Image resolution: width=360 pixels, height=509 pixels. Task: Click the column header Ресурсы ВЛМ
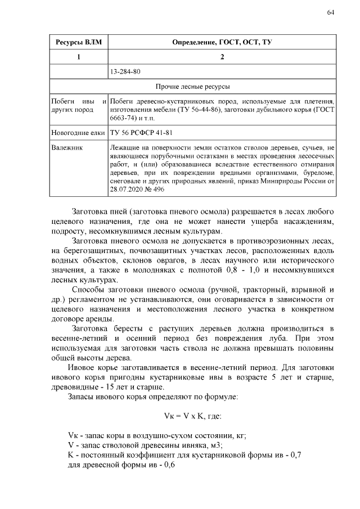pyautogui.click(x=78, y=43)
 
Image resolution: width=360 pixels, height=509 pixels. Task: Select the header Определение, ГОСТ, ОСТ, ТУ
pyautogui.click(x=222, y=43)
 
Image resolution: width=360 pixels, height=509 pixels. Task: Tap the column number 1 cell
pyautogui.click(x=78, y=57)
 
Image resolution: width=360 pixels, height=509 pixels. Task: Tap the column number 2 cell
pyautogui.click(x=222, y=57)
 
